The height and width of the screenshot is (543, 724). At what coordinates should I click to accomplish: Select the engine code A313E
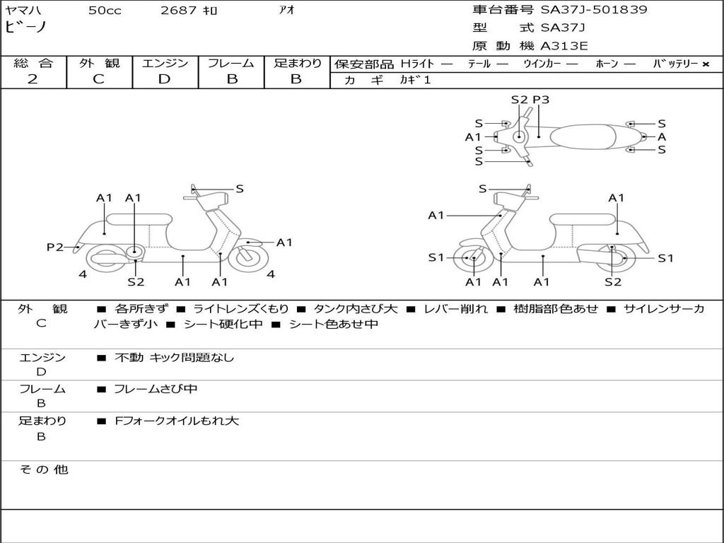pyautogui.click(x=564, y=47)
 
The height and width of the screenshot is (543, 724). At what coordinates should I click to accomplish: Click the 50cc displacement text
pyautogui.click(x=105, y=11)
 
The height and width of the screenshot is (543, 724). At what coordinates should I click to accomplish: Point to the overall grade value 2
pyautogui.click(x=33, y=79)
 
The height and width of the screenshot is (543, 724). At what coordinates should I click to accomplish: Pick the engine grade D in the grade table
pyautogui.click(x=164, y=79)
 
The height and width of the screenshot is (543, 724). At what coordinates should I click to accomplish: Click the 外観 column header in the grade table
pyautogui.click(x=99, y=63)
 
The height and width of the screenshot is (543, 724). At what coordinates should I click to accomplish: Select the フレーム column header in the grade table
pyautogui.click(x=231, y=63)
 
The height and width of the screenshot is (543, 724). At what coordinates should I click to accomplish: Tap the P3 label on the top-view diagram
pyautogui.click(x=541, y=100)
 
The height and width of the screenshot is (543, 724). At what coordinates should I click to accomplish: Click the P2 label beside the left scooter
pyautogui.click(x=55, y=247)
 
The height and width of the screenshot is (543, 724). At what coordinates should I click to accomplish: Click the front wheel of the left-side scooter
pyautogui.click(x=248, y=257)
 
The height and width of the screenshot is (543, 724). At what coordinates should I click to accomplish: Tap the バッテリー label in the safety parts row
pyautogui.click(x=676, y=64)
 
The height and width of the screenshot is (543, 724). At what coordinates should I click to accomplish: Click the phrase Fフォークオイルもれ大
pyautogui.click(x=177, y=421)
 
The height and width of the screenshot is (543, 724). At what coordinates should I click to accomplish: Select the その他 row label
pyautogui.click(x=43, y=469)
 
